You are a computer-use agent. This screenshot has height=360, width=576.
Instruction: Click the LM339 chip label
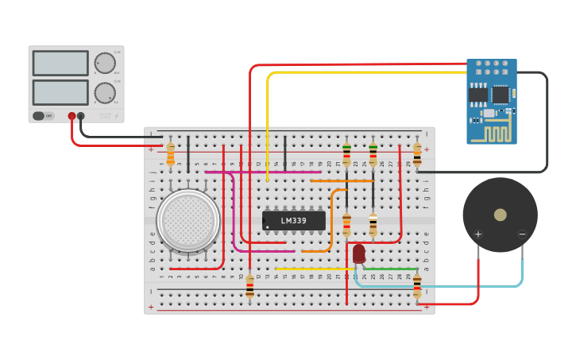[x=293, y=220]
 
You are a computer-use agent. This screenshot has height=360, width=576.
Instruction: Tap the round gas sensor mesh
[x=188, y=219]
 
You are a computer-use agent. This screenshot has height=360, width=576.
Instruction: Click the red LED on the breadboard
[x=359, y=253]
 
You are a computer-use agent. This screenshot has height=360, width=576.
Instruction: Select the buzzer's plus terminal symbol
[x=478, y=234]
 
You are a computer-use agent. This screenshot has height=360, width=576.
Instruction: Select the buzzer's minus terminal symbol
[x=522, y=234]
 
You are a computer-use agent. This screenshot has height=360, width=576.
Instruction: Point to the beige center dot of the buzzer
[x=500, y=215]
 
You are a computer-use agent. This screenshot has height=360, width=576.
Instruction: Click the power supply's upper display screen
[x=60, y=64]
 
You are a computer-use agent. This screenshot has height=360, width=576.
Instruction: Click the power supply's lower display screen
[x=60, y=92]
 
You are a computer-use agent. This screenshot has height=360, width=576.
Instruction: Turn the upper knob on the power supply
[x=105, y=64]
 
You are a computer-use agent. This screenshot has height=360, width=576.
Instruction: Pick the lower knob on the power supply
[x=105, y=93]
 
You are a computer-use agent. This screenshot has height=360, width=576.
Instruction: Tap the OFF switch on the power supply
[x=43, y=116]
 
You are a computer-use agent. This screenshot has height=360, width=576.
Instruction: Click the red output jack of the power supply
[x=72, y=116]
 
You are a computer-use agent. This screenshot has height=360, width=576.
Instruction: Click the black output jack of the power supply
[x=81, y=116]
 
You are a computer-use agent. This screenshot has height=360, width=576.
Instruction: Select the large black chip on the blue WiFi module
[x=500, y=95]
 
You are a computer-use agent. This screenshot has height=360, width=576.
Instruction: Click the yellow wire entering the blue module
[x=365, y=72]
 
